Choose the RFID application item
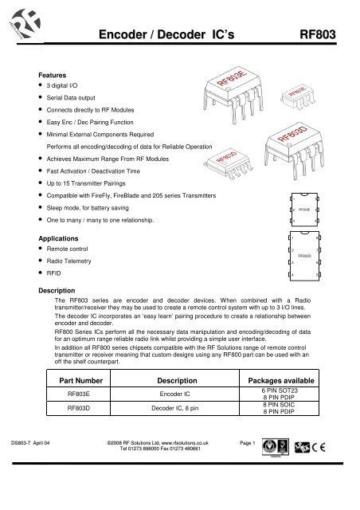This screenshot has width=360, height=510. pyautogui.click(x=54, y=273)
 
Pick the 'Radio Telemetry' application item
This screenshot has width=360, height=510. pyautogui.click(x=71, y=261)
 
